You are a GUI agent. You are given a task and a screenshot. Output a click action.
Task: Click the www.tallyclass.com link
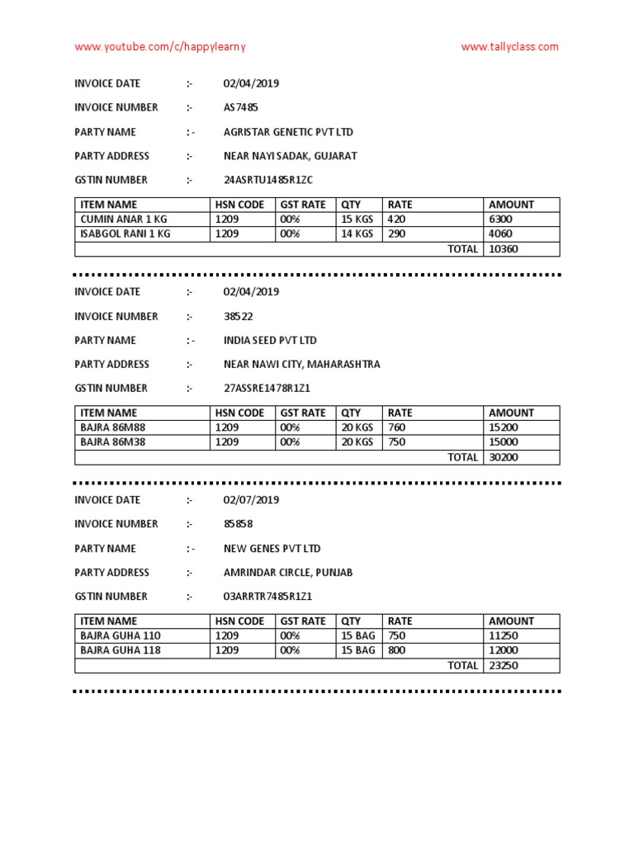click(x=509, y=47)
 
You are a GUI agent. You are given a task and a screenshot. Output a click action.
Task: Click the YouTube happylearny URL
click(x=160, y=47)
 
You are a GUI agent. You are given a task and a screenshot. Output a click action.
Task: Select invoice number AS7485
click(x=241, y=107)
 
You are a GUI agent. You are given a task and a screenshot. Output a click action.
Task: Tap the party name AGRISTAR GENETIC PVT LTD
click(x=288, y=132)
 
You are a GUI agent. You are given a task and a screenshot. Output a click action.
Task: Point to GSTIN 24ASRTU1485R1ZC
click(x=268, y=180)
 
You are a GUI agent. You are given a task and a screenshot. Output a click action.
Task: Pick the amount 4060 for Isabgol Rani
click(x=501, y=234)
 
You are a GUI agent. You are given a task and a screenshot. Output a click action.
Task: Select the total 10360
click(x=504, y=248)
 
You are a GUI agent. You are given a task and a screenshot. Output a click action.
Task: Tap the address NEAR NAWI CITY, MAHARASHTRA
click(x=302, y=364)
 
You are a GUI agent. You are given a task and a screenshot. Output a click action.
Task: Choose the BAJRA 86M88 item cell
click(x=112, y=427)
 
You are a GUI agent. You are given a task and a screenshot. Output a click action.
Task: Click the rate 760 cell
click(x=397, y=427)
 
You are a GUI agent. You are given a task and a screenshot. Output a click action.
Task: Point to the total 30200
click(x=504, y=457)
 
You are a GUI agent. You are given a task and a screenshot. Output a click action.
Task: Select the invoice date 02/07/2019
click(x=251, y=500)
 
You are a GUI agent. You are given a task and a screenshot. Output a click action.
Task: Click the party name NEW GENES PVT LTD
click(x=272, y=549)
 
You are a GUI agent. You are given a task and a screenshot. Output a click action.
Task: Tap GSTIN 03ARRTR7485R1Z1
click(x=267, y=597)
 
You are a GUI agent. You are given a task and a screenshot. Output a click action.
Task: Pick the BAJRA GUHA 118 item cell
click(x=121, y=650)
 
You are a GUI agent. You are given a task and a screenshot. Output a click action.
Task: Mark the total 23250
click(x=504, y=665)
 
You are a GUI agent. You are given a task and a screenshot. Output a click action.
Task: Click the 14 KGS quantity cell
click(x=357, y=234)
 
